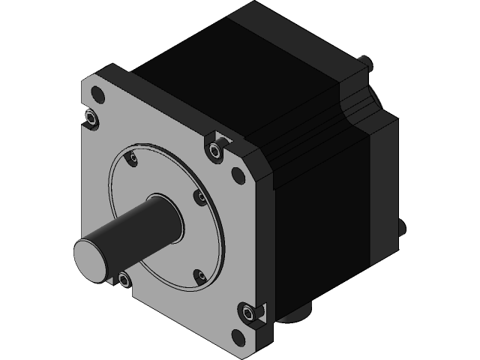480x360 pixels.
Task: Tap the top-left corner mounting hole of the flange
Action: pyautogui.click(x=96, y=95)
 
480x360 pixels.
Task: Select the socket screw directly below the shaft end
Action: pyautogui.click(x=124, y=280)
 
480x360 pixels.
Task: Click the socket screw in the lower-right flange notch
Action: pyautogui.click(x=249, y=310)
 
